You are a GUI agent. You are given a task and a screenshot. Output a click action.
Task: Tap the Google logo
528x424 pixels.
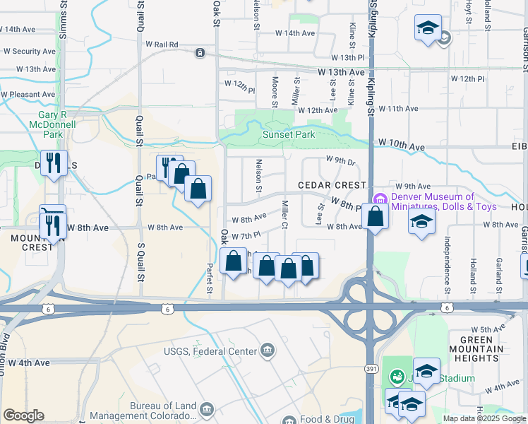pyautogui.click(x=23, y=416)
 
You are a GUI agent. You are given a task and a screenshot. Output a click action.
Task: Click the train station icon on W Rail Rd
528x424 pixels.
pyautogui.click(x=200, y=52)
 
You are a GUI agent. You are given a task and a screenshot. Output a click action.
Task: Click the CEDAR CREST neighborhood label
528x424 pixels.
pyautogui.click(x=323, y=185)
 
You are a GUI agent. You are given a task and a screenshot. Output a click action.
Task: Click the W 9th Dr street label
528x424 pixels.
pyautogui.click(x=340, y=160)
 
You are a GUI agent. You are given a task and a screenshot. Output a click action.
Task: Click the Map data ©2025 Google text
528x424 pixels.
pyautogui.click(x=484, y=418)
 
